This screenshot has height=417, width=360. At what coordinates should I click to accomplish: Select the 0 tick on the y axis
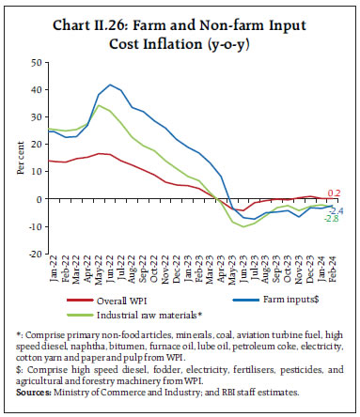40,199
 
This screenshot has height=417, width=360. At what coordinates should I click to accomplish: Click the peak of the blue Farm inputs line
112,85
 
